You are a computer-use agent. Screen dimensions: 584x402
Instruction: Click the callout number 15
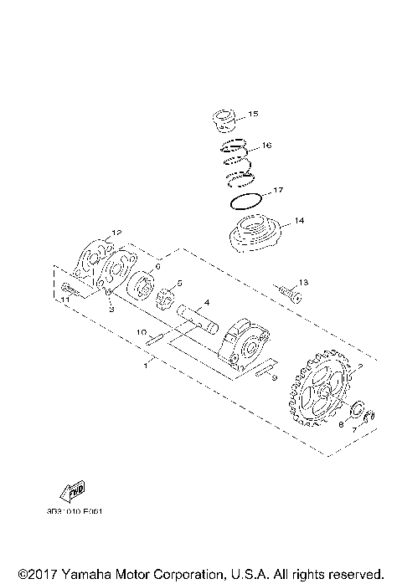click(254, 113)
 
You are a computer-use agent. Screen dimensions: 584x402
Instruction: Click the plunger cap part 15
click(224, 120)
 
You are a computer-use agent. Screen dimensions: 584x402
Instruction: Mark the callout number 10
click(142, 332)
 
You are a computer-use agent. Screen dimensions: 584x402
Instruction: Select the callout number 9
click(273, 378)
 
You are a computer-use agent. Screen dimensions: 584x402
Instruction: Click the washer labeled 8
click(355, 411)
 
